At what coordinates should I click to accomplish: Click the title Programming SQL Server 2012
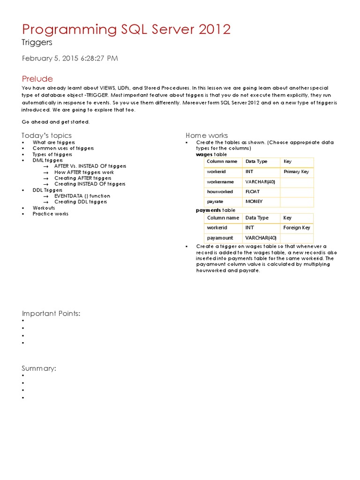tap(127, 30)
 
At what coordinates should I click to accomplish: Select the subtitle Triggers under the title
tap(37, 43)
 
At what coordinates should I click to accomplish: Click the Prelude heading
tap(37, 79)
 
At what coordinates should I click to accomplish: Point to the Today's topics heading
tap(47, 135)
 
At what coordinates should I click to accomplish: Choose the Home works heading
tap(207, 135)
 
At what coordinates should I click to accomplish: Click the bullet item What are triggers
tap(53, 142)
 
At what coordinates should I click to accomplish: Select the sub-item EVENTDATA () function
tap(82, 196)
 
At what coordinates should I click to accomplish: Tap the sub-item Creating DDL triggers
tap(80, 202)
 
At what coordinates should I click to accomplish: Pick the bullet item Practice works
tap(50, 214)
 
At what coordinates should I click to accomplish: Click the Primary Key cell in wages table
tap(296, 172)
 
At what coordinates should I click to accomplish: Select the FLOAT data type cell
tap(253, 192)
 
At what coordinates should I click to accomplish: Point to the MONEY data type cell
tap(254, 202)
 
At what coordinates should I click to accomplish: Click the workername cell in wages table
tap(221, 181)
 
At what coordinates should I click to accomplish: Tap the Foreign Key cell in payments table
tap(297, 228)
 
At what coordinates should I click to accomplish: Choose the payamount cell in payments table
tap(220, 238)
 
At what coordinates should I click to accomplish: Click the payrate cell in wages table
tap(215, 202)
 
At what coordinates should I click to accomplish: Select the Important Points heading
tap(51, 314)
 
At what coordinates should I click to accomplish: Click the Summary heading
tap(39, 368)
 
